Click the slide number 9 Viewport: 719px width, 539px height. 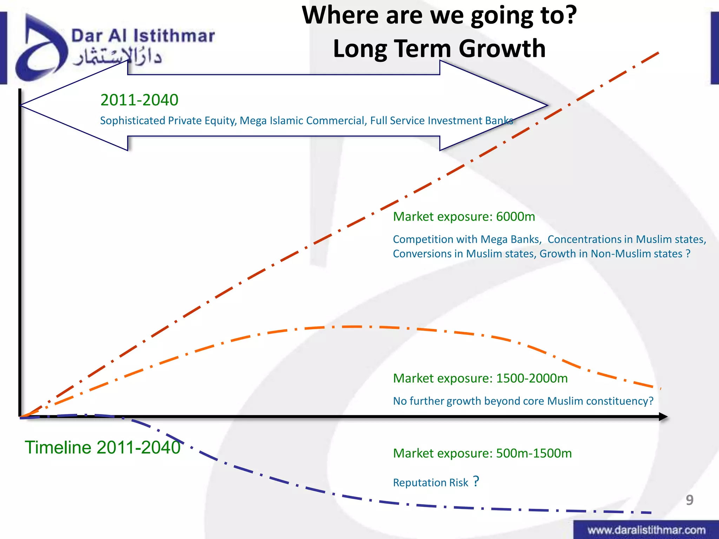point(690,500)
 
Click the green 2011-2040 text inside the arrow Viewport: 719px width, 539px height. point(139,100)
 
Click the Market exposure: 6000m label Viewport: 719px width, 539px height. point(464,217)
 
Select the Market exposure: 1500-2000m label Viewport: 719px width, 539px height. point(480,378)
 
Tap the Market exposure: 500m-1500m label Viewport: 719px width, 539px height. point(482,453)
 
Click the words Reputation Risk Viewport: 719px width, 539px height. point(430,483)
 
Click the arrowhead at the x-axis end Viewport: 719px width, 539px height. point(664,417)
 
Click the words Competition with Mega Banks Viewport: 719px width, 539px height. point(467,239)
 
